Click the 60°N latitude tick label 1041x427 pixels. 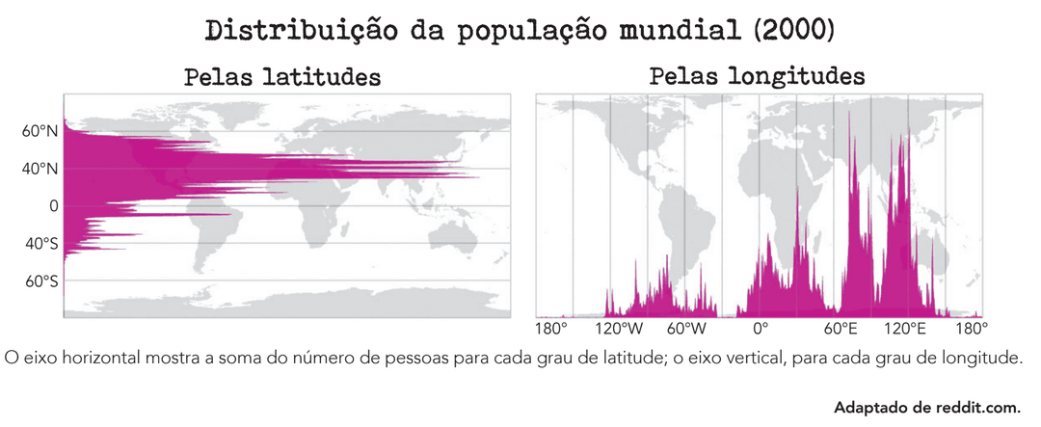click(x=40, y=131)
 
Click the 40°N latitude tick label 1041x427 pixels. click(x=40, y=169)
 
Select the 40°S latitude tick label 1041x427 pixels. click(x=41, y=244)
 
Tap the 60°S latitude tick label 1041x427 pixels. click(x=41, y=281)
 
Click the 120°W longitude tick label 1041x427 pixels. click(x=617, y=329)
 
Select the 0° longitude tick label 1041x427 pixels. click(x=761, y=329)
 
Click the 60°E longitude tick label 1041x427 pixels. click(x=840, y=329)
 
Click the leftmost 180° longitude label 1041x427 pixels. click(x=550, y=329)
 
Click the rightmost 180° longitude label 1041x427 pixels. click(x=971, y=329)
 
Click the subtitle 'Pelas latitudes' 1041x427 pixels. click(x=282, y=76)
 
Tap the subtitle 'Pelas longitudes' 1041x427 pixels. click(x=757, y=76)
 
